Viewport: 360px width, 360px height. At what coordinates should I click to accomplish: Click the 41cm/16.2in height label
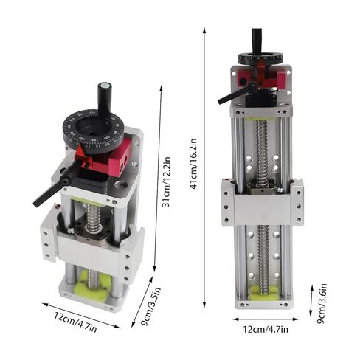coord(194,164)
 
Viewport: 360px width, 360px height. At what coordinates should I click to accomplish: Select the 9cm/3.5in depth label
coord(150,307)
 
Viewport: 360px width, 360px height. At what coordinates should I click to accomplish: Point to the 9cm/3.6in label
coord(322,304)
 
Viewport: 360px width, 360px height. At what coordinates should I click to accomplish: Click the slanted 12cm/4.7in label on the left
coord(75,322)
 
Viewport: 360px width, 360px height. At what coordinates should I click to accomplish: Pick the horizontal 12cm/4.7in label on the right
coord(266,329)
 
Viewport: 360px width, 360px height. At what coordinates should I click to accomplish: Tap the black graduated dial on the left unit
coord(93,131)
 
